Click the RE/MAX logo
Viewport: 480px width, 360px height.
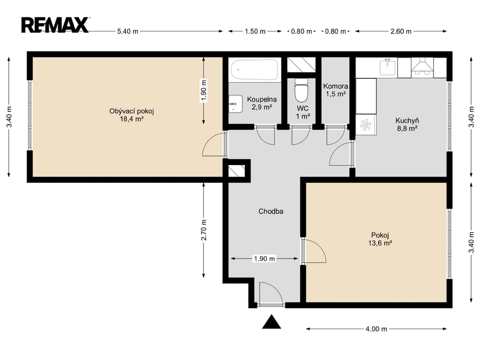click(55, 25)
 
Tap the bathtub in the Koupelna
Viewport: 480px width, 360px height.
click(254, 69)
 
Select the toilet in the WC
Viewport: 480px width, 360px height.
click(301, 90)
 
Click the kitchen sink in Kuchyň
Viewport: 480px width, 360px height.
click(388, 67)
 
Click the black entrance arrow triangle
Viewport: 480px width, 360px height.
click(271, 322)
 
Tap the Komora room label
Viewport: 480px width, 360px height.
click(336, 86)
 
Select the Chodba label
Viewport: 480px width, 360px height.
click(270, 211)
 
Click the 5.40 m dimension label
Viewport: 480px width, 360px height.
click(127, 31)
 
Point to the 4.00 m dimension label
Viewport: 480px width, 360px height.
click(376, 329)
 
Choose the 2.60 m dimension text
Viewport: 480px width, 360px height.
click(401, 31)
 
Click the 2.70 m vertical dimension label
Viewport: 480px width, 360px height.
click(204, 230)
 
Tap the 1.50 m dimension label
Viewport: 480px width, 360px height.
click(255, 31)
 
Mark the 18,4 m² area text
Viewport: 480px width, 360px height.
click(132, 119)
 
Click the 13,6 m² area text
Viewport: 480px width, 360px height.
click(380, 243)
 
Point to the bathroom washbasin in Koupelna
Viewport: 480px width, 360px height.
click(235, 104)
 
